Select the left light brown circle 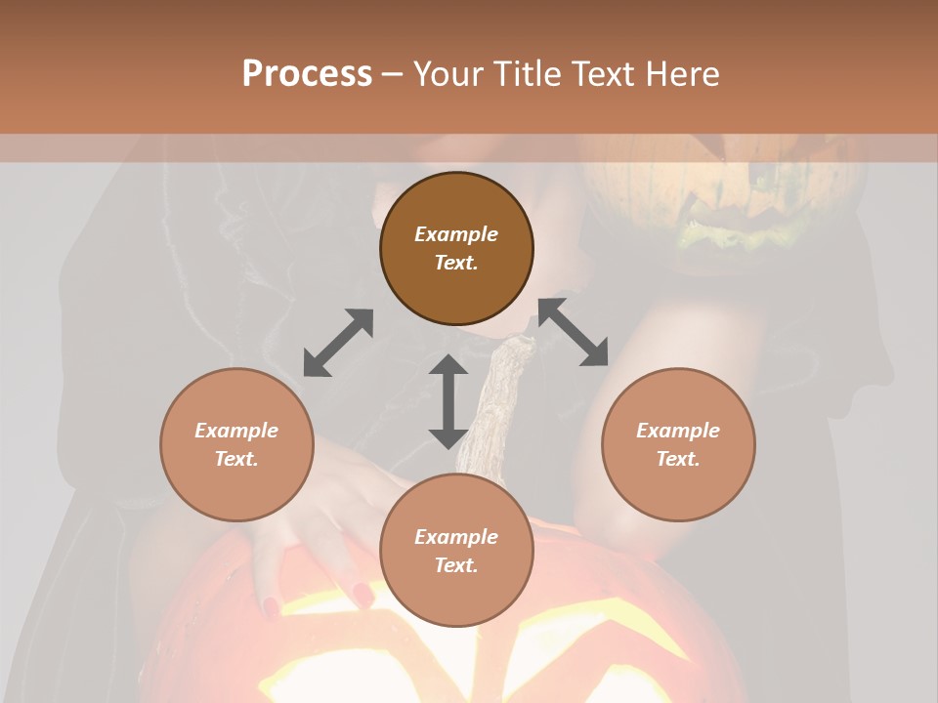click(x=236, y=444)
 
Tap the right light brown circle click(x=678, y=444)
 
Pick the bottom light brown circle click(x=456, y=551)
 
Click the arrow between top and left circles click(x=338, y=343)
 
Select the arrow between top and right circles click(x=574, y=332)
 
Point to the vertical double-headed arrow click(x=448, y=402)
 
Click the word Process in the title click(x=307, y=74)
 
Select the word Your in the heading click(x=447, y=74)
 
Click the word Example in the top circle click(x=456, y=234)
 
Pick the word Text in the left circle click(x=236, y=459)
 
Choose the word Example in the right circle click(x=678, y=431)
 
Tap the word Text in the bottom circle click(x=456, y=565)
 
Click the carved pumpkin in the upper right click(x=723, y=186)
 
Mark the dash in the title click(x=393, y=74)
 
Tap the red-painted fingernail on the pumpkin click(x=362, y=593)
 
